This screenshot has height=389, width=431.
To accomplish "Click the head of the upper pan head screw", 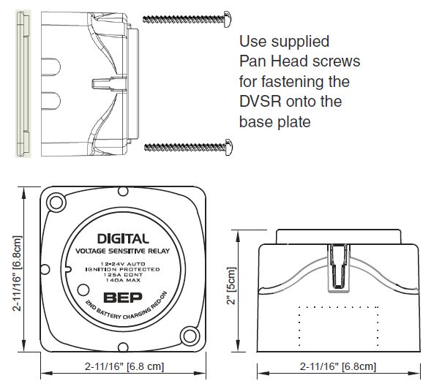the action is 228,19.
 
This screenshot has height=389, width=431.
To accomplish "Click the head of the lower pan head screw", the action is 229,147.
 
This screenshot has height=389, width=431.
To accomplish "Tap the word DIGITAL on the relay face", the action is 123,238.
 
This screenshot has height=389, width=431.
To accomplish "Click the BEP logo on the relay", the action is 123,298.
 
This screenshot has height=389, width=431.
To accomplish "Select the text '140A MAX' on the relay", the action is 123,280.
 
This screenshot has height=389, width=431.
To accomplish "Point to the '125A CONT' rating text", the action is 123,275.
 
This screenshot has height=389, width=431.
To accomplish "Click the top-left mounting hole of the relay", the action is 56,203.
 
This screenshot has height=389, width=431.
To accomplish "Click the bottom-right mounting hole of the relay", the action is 190,336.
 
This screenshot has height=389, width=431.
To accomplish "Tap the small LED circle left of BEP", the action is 83,290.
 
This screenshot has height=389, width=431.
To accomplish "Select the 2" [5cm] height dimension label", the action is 231,286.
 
